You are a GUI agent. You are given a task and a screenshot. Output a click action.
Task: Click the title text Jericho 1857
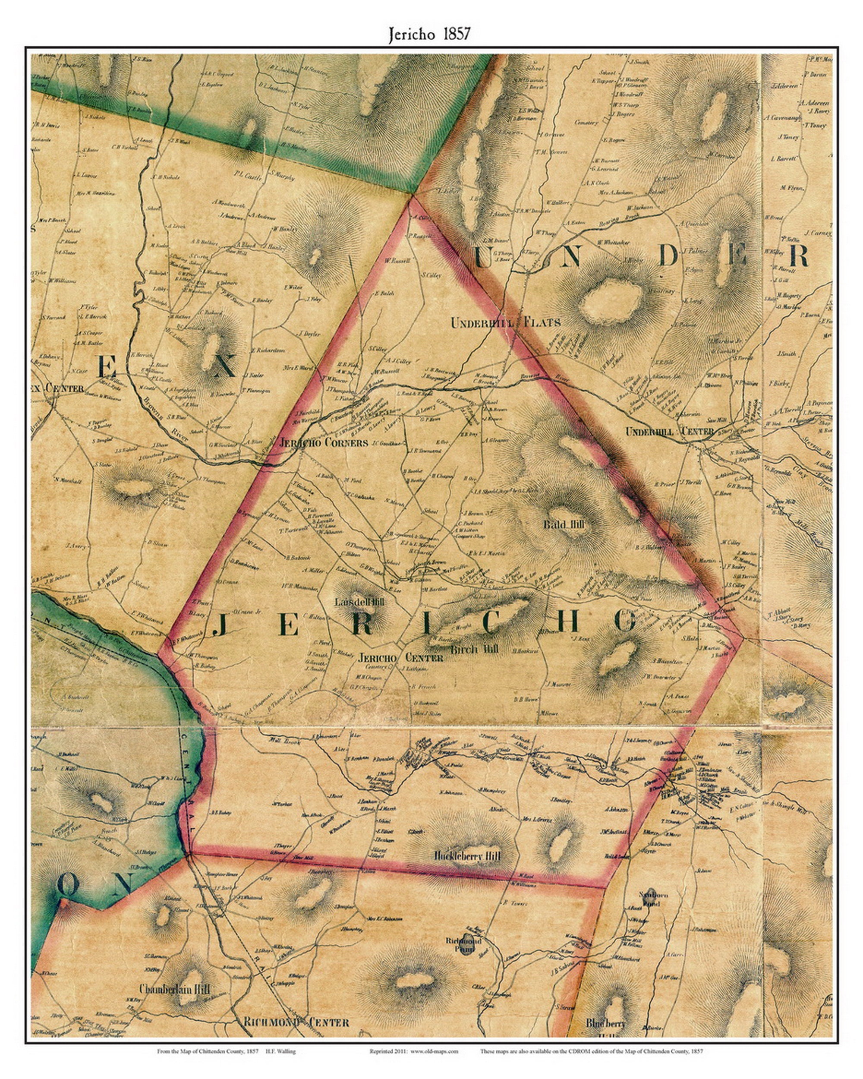429,34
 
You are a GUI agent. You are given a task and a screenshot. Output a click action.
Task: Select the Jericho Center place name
401,658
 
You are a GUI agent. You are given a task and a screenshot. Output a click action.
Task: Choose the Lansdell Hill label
359,603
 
